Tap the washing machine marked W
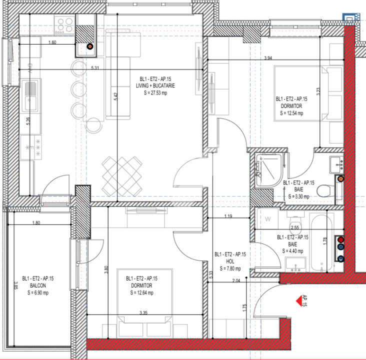coord(268,219)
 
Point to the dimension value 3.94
coord(268,58)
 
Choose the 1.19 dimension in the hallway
coord(228,216)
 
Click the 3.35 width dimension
coord(143,312)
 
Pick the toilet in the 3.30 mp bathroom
coord(325,190)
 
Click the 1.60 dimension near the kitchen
coord(52,42)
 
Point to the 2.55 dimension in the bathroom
coord(295,227)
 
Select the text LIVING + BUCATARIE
coord(157,86)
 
